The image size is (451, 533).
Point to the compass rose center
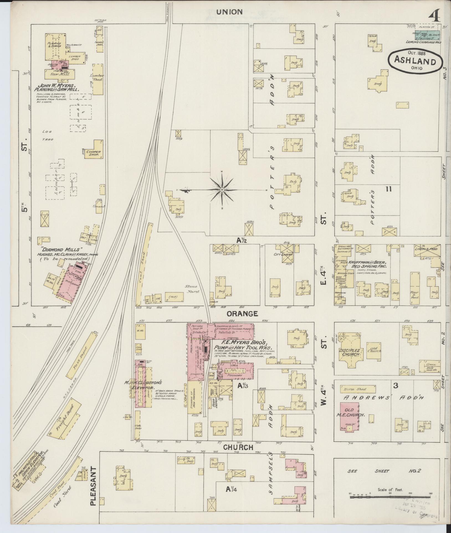click(x=222, y=190)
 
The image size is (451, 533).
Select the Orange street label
click(x=242, y=314)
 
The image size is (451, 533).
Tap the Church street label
click(x=238, y=447)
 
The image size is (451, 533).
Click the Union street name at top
click(x=229, y=12)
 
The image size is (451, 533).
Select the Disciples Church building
click(x=350, y=352)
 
